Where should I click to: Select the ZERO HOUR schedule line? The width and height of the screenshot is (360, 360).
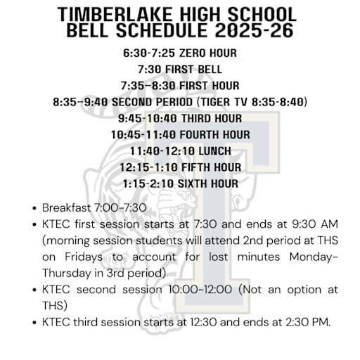(179, 53)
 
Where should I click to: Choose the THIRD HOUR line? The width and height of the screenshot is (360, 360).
(179, 118)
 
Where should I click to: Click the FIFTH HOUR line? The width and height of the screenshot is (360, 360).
(180, 167)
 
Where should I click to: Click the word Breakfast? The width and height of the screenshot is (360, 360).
(67, 209)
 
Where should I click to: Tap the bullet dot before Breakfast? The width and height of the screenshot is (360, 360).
(34, 209)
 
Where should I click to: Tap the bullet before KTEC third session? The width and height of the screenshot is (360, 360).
(34, 322)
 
